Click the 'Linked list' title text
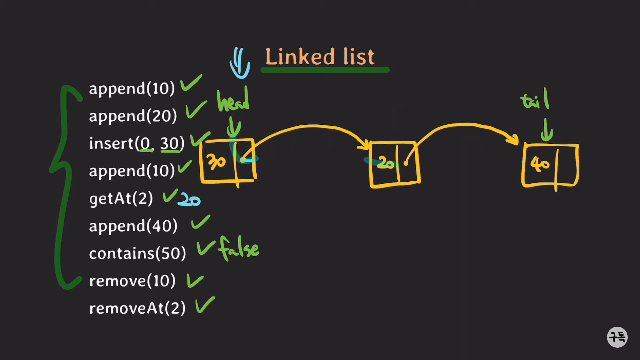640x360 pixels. click(320, 57)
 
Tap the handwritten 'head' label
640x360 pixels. click(233, 101)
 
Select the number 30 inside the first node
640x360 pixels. click(216, 162)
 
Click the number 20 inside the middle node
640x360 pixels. click(386, 163)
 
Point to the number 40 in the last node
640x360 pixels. click(540, 164)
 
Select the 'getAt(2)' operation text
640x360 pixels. click(121, 199)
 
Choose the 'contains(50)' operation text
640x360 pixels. click(137, 254)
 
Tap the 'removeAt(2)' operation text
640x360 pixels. click(137, 308)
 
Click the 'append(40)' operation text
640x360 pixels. click(133, 226)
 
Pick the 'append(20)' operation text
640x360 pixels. click(133, 116)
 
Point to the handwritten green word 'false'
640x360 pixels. click(239, 248)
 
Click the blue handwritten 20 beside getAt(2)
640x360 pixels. click(189, 200)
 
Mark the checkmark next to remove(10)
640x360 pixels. click(195, 281)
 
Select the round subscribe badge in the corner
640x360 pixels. click(617, 337)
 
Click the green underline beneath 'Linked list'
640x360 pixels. click(325, 70)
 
